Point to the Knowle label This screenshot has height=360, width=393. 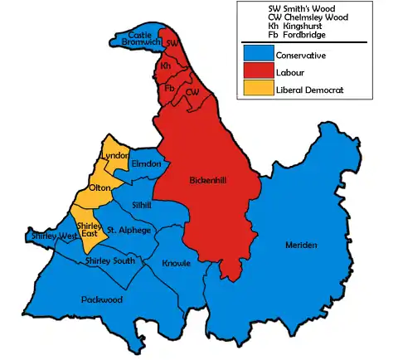click(177, 263)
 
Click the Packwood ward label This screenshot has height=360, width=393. click(101, 299)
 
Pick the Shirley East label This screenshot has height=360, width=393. click(88, 229)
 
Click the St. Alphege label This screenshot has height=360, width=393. click(129, 229)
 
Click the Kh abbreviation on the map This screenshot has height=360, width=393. click(166, 65)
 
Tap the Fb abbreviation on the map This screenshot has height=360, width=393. click(170, 87)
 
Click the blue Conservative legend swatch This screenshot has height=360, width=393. click(257, 56)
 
